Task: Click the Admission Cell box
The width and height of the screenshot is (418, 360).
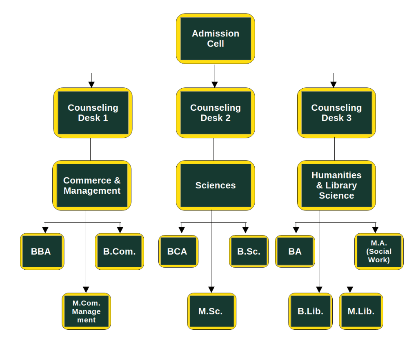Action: [x=216, y=39]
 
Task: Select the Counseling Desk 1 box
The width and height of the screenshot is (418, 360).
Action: [x=93, y=113]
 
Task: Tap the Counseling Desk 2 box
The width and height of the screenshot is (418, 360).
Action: [x=216, y=113]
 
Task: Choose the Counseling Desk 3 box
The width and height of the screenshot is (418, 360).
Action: [x=336, y=113]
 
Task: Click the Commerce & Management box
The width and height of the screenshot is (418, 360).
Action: [x=92, y=186]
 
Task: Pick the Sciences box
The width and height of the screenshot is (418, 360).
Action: [x=216, y=186]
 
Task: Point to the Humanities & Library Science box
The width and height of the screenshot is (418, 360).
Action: [x=336, y=186]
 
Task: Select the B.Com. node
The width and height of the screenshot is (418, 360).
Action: [x=119, y=251]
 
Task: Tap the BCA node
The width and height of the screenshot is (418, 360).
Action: [x=178, y=251]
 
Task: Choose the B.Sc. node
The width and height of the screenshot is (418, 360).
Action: [x=249, y=251]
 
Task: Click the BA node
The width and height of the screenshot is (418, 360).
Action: [x=295, y=251]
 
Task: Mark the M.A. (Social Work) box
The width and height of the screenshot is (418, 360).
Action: [x=379, y=251]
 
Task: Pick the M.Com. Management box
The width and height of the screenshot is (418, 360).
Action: [x=86, y=311]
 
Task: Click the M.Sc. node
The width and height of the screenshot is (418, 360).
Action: [x=211, y=311]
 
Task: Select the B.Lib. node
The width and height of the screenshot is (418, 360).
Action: [x=310, y=311]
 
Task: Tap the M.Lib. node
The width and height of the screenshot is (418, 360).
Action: [x=361, y=311]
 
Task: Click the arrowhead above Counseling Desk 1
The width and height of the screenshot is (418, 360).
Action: [x=91, y=84]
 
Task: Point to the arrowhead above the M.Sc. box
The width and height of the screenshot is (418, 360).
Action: [x=211, y=289]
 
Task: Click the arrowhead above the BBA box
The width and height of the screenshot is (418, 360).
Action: [x=45, y=229]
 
